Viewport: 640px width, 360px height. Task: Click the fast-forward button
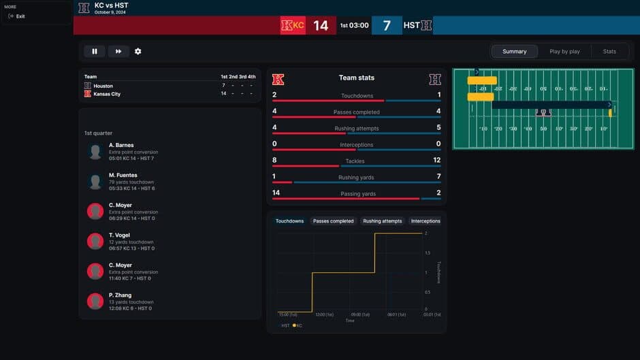[118, 51]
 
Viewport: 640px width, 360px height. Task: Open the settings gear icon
[138, 51]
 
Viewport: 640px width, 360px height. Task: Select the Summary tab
[514, 52]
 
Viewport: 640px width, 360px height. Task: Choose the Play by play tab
[564, 52]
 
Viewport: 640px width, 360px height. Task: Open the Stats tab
[609, 52]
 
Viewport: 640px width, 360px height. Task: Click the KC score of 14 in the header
[321, 26]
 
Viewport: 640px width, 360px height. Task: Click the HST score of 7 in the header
[387, 26]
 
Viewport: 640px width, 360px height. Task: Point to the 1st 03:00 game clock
[354, 26]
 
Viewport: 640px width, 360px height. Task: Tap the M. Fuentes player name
[123, 175]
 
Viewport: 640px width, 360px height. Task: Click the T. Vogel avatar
[95, 241]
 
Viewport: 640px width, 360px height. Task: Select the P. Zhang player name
[120, 295]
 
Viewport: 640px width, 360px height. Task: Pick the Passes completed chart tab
[333, 221]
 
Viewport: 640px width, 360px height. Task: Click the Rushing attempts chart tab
[382, 221]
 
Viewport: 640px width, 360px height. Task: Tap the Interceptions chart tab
[426, 221]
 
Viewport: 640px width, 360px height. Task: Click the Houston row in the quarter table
[103, 86]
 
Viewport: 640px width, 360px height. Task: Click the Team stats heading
[356, 78]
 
